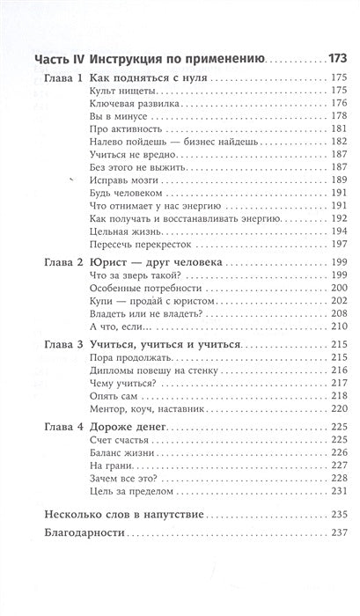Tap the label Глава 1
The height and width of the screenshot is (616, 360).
(63, 79)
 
